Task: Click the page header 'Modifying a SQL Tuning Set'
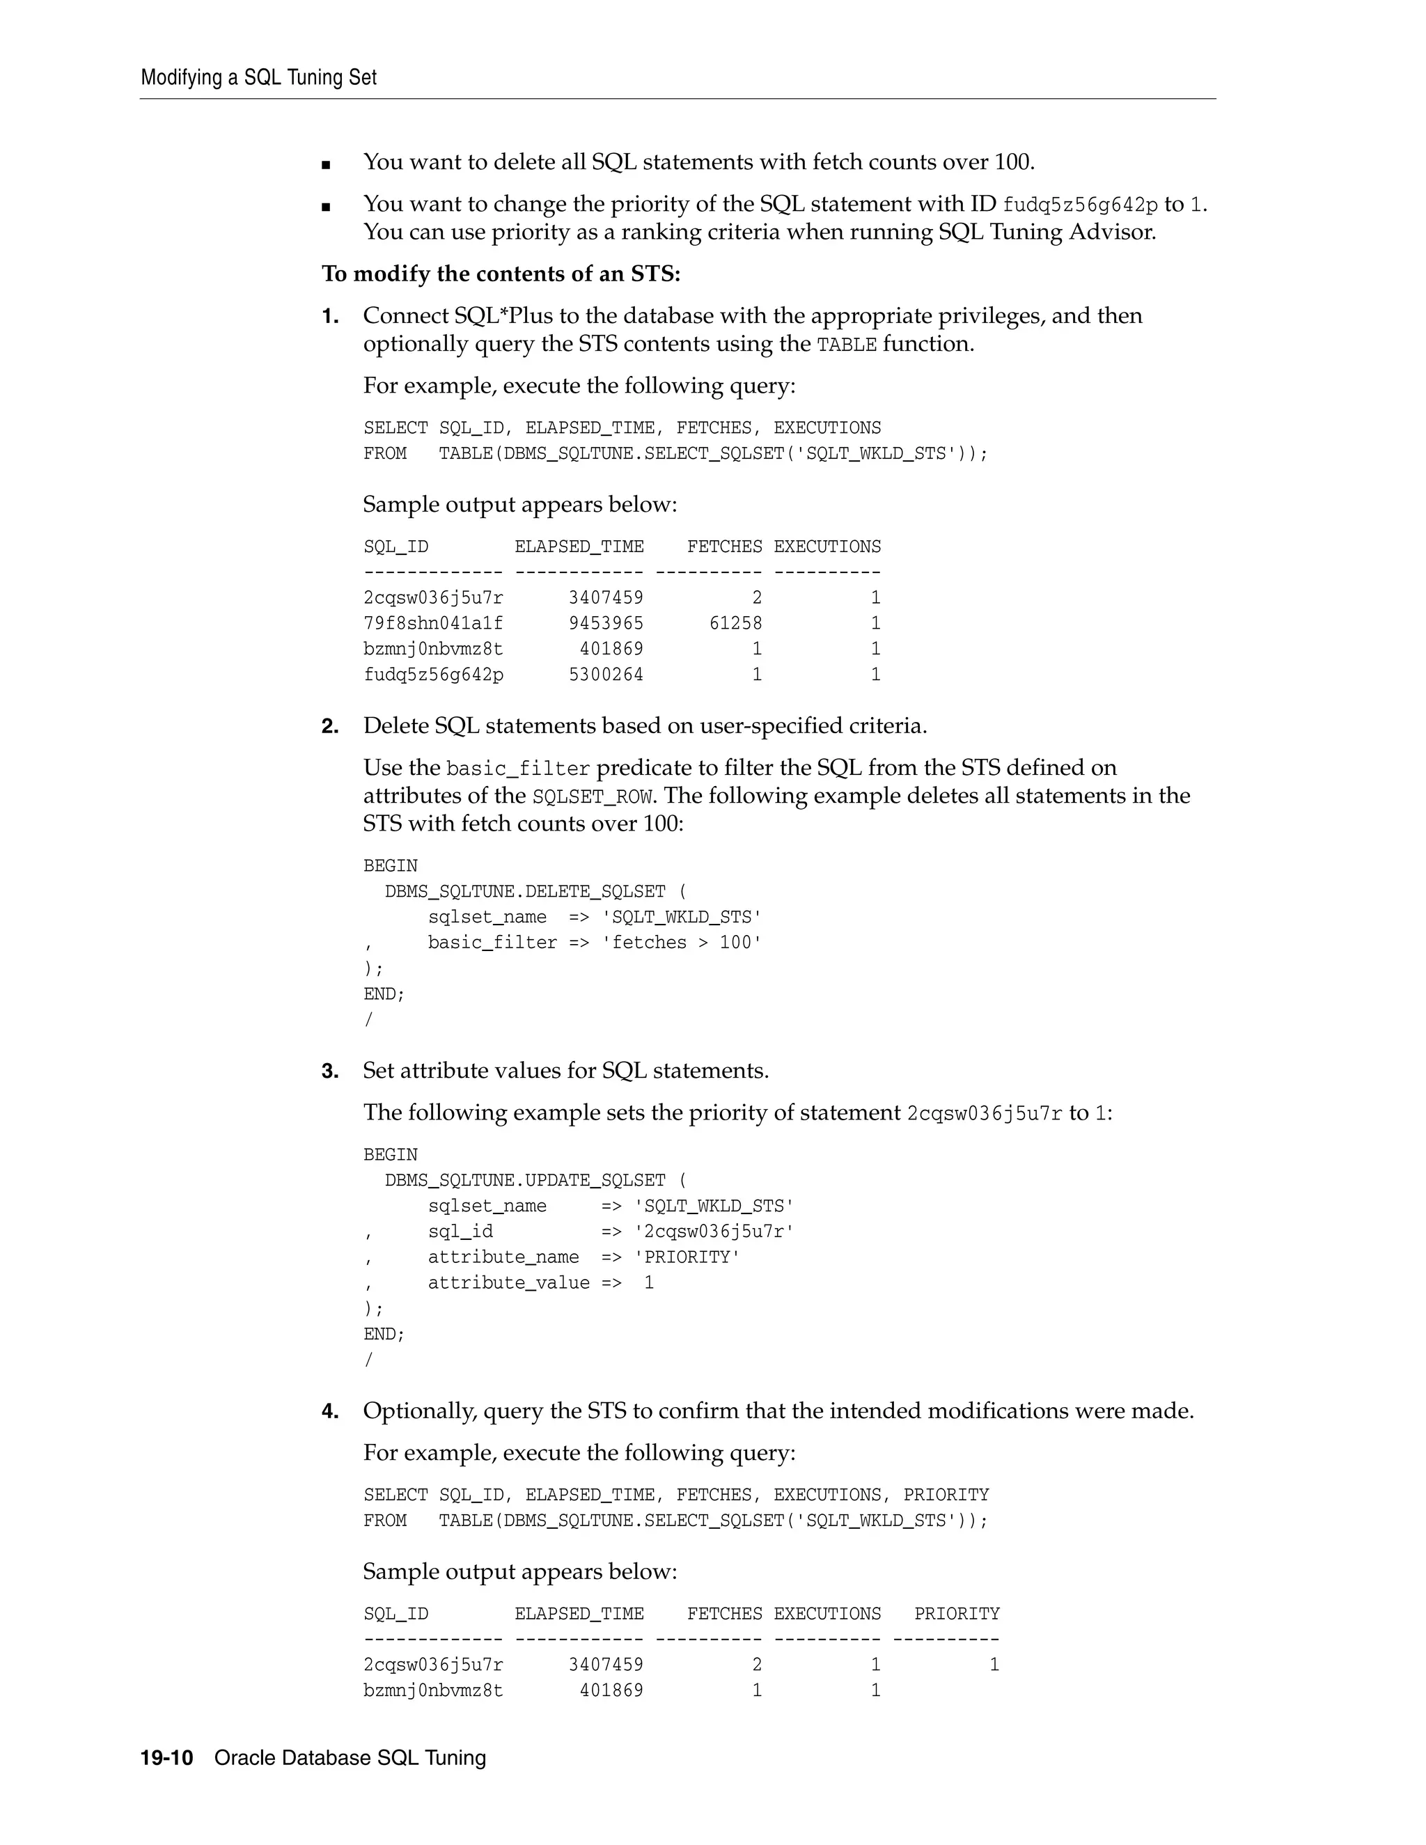[x=258, y=78]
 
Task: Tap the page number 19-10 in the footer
[x=166, y=1758]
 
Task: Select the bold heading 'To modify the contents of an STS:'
[x=501, y=274]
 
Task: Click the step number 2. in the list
[x=329, y=726]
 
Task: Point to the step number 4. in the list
[x=329, y=1412]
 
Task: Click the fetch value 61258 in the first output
[x=735, y=623]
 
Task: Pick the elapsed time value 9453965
[x=606, y=623]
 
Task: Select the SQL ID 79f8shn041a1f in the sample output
[x=433, y=623]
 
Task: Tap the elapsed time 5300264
[x=606, y=675]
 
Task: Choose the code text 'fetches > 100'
[x=681, y=943]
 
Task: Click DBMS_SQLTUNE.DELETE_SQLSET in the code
[x=524, y=891]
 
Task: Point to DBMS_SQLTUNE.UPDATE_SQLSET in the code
[x=524, y=1180]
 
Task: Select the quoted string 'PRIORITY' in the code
[x=687, y=1257]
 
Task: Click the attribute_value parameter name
[x=508, y=1283]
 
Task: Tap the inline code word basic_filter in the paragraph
[x=517, y=769]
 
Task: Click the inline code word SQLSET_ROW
[x=593, y=796]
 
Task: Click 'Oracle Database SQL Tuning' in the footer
[x=350, y=1758]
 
